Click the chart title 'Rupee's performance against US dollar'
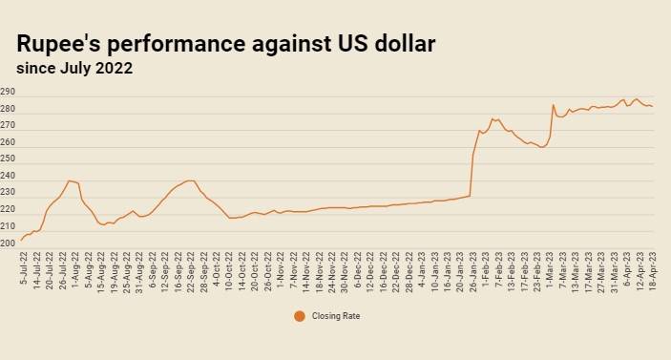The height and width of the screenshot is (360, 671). [226, 44]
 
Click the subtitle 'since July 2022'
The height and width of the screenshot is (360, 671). [74, 69]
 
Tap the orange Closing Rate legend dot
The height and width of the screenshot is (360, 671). [300, 316]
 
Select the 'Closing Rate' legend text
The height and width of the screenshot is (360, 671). [336, 316]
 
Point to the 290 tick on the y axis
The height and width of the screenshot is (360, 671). [8, 92]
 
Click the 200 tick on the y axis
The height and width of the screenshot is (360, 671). [8, 244]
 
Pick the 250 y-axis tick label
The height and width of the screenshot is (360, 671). [8, 159]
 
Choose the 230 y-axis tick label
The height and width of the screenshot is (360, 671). [8, 192]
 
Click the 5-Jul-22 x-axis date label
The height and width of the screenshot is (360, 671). [24, 268]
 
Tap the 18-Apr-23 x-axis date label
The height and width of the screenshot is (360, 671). [653, 271]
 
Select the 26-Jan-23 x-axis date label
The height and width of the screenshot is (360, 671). [472, 272]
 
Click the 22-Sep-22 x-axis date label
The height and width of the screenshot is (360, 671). [191, 272]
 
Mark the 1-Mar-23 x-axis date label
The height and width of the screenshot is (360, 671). [550, 269]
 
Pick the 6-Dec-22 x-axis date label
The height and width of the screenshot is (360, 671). [357, 269]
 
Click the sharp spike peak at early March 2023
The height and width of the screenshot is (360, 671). [553, 104]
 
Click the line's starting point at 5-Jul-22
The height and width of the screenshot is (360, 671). [21, 240]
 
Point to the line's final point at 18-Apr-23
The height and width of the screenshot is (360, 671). [653, 106]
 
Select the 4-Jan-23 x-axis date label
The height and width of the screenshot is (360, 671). [422, 269]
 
